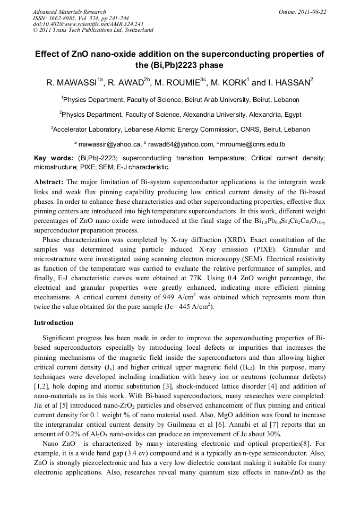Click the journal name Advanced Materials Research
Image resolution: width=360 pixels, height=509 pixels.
click(70, 12)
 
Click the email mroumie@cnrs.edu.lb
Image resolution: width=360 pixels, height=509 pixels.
click(252, 144)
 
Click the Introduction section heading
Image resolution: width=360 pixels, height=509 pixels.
click(54, 322)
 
